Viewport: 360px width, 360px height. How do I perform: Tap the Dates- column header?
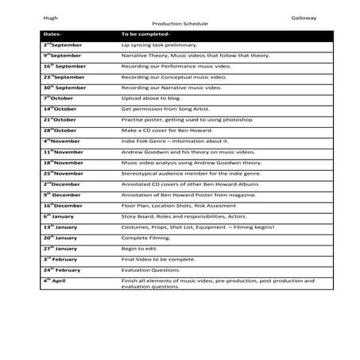[x=52, y=35]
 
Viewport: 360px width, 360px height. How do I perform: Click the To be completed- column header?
[x=145, y=35]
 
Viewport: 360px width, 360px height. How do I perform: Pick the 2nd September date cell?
[x=63, y=45]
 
